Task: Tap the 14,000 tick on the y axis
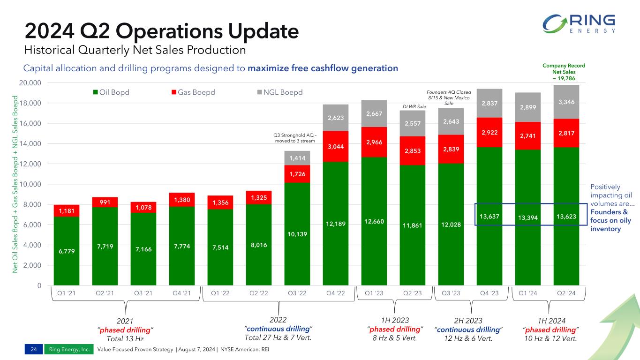pyautogui.click(x=33, y=143)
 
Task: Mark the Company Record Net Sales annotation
pyautogui.click(x=568, y=72)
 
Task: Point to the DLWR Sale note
pyautogui.click(x=414, y=107)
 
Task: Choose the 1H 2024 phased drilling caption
pyautogui.click(x=550, y=330)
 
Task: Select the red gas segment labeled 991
pyautogui.click(x=105, y=202)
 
